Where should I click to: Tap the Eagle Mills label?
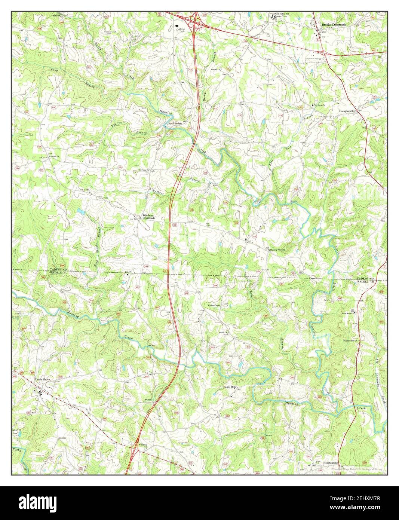coord(231,387)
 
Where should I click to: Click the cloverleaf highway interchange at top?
coord(194,25)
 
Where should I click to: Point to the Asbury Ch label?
coord(216,70)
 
